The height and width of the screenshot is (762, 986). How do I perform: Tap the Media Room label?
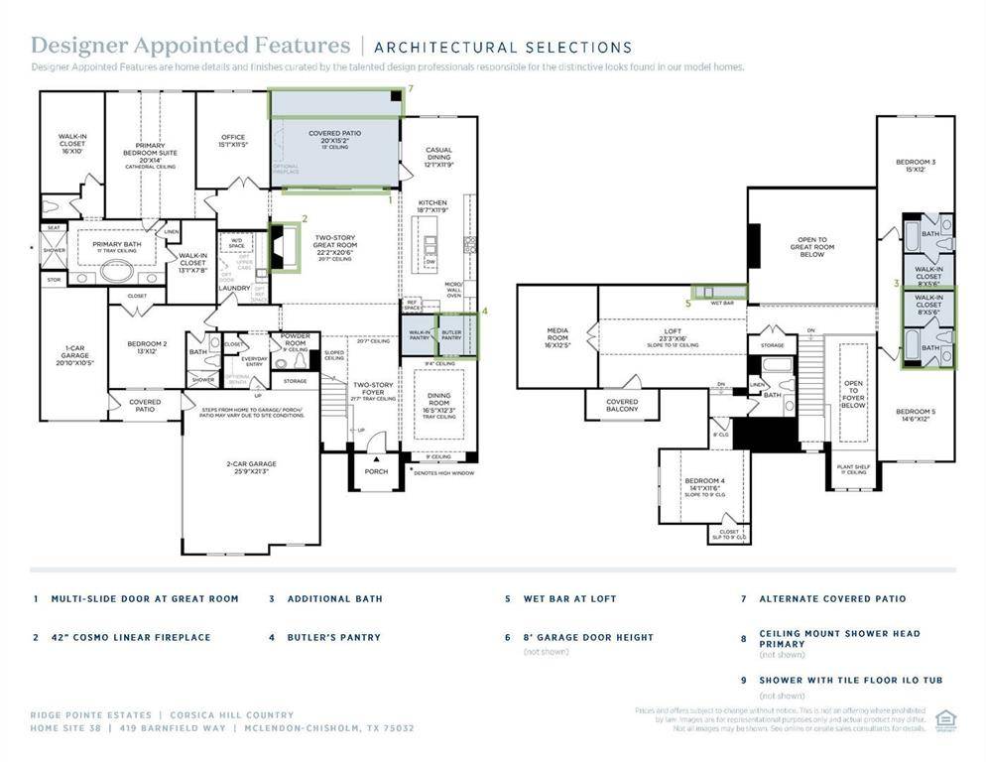coord(557,337)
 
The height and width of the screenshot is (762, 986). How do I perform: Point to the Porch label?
coord(376,471)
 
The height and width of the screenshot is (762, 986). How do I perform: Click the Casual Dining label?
coord(438,156)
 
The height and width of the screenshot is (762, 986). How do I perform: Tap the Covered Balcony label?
coord(622,405)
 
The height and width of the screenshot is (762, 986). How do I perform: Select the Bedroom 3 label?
coord(916,165)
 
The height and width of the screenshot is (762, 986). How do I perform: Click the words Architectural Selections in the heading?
coord(503,47)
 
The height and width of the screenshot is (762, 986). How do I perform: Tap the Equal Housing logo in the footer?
coord(944,717)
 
